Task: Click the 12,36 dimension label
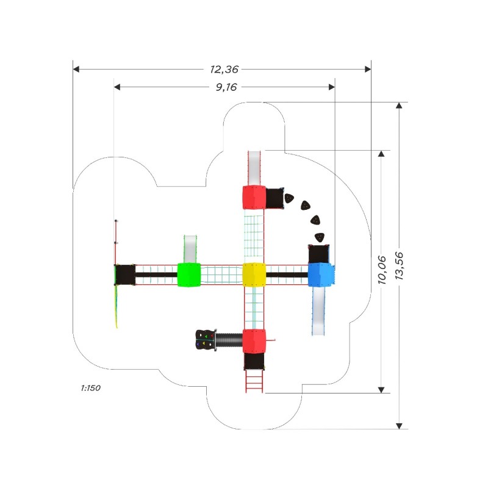click(224, 69)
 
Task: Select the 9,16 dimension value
click(226, 87)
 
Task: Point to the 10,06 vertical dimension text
click(382, 270)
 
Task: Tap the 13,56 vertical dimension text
click(400, 265)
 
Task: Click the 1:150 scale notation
click(90, 388)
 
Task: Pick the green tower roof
click(189, 274)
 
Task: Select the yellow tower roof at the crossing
click(254, 274)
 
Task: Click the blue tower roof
click(321, 274)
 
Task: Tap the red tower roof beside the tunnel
click(254, 341)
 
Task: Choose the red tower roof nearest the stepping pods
click(254, 198)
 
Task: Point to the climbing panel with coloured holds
click(205, 340)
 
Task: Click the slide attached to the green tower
click(190, 249)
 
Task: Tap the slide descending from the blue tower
click(318, 311)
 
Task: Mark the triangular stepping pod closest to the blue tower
click(319, 237)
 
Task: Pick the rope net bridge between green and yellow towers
click(221, 274)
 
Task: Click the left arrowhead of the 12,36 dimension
click(76, 69)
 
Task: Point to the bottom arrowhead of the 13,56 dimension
click(399, 426)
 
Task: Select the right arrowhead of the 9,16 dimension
click(332, 87)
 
